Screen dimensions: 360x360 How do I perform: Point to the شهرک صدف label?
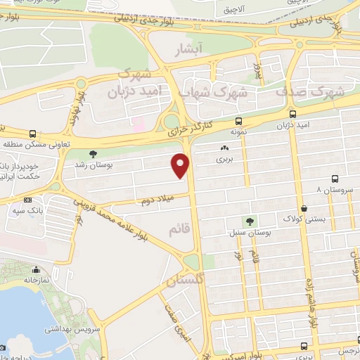pyautogui.click(x=308, y=91)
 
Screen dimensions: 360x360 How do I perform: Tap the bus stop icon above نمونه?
pyautogui.click(x=238, y=120)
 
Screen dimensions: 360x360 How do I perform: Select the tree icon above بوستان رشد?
pyautogui.click(x=93, y=153)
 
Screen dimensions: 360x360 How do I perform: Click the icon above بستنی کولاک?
pyautogui.click(x=304, y=208)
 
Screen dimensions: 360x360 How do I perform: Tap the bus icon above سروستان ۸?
pyautogui.click(x=334, y=179)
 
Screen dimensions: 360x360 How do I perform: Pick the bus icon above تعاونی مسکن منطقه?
pyautogui.click(x=32, y=134)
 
